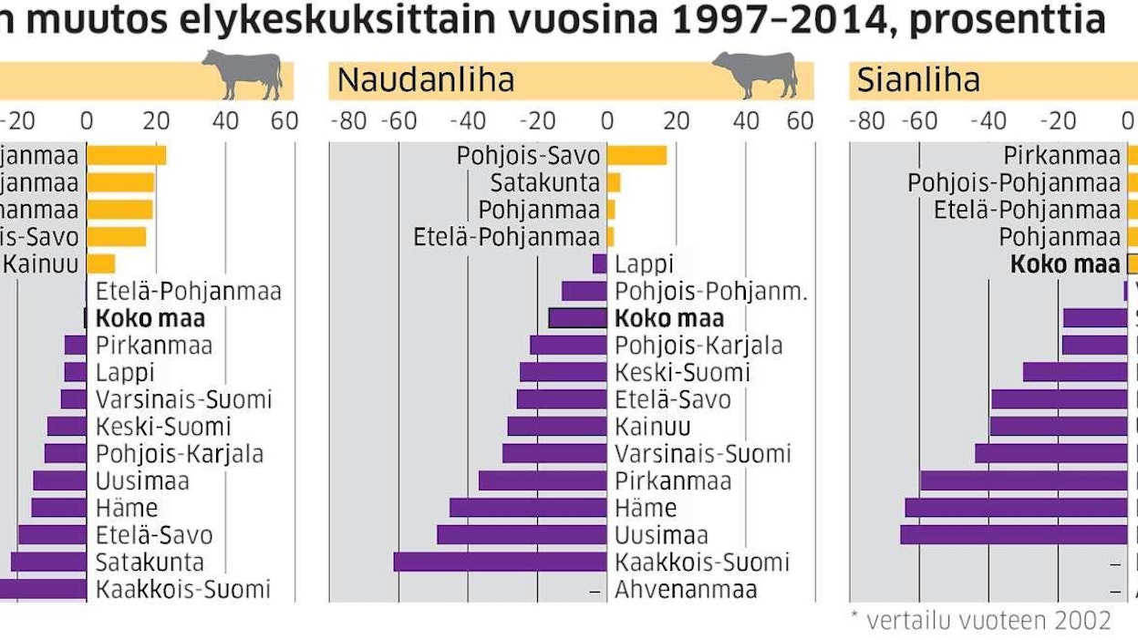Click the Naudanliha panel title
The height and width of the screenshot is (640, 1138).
coord(426,80)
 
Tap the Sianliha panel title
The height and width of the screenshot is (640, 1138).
coord(918,80)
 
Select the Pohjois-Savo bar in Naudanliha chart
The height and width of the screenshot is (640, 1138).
coord(636,155)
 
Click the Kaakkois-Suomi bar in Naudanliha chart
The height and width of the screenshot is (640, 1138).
coord(500,562)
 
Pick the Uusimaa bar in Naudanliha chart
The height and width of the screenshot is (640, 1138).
coord(522,535)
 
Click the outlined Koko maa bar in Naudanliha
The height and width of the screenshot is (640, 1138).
coord(577,318)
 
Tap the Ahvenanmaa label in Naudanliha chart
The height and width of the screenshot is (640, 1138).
coord(686,589)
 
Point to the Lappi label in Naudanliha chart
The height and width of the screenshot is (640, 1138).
coord(644,264)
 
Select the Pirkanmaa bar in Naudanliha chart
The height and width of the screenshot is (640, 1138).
coord(543,480)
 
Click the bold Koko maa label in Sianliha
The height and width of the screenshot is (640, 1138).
coord(1065,264)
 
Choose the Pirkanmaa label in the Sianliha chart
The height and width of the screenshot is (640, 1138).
coord(1061,156)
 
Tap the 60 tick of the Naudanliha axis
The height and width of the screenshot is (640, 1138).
coord(800,121)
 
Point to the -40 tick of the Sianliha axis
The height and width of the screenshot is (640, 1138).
coord(988,121)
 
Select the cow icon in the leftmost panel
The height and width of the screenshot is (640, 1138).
coord(243,74)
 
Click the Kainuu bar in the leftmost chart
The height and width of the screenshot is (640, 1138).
coord(101,264)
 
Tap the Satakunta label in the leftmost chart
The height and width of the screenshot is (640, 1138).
coord(150,563)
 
